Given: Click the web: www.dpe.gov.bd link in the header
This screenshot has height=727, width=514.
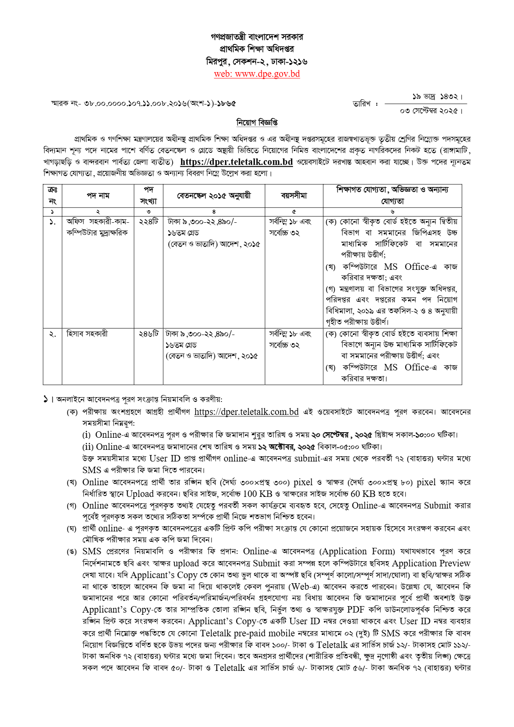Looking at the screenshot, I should click(257, 74).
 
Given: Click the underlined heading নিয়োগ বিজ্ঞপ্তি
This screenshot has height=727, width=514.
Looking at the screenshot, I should click(257, 123).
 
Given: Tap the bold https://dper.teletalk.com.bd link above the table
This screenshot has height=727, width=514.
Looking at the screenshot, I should click(237, 162).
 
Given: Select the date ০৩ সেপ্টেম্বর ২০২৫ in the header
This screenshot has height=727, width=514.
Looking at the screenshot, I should click(431, 111).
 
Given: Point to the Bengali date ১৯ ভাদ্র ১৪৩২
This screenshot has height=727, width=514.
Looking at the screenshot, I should click(437, 97).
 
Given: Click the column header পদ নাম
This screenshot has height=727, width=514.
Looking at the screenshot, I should click(98, 196).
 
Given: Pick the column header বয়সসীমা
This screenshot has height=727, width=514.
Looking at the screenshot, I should click(294, 196).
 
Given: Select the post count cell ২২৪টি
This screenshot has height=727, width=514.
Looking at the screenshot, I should click(148, 221).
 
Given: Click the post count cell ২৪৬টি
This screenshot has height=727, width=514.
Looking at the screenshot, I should click(148, 334).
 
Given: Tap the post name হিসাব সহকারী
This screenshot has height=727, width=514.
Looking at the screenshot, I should click(87, 334).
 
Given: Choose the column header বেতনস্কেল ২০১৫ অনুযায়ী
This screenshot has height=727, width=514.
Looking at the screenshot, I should click(214, 196).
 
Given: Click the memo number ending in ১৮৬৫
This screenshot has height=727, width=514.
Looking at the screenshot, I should click(144, 104).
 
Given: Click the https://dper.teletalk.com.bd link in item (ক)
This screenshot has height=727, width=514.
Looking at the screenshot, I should click(246, 412).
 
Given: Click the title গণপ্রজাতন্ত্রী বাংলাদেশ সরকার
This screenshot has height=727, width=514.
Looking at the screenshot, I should click(257, 37).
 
